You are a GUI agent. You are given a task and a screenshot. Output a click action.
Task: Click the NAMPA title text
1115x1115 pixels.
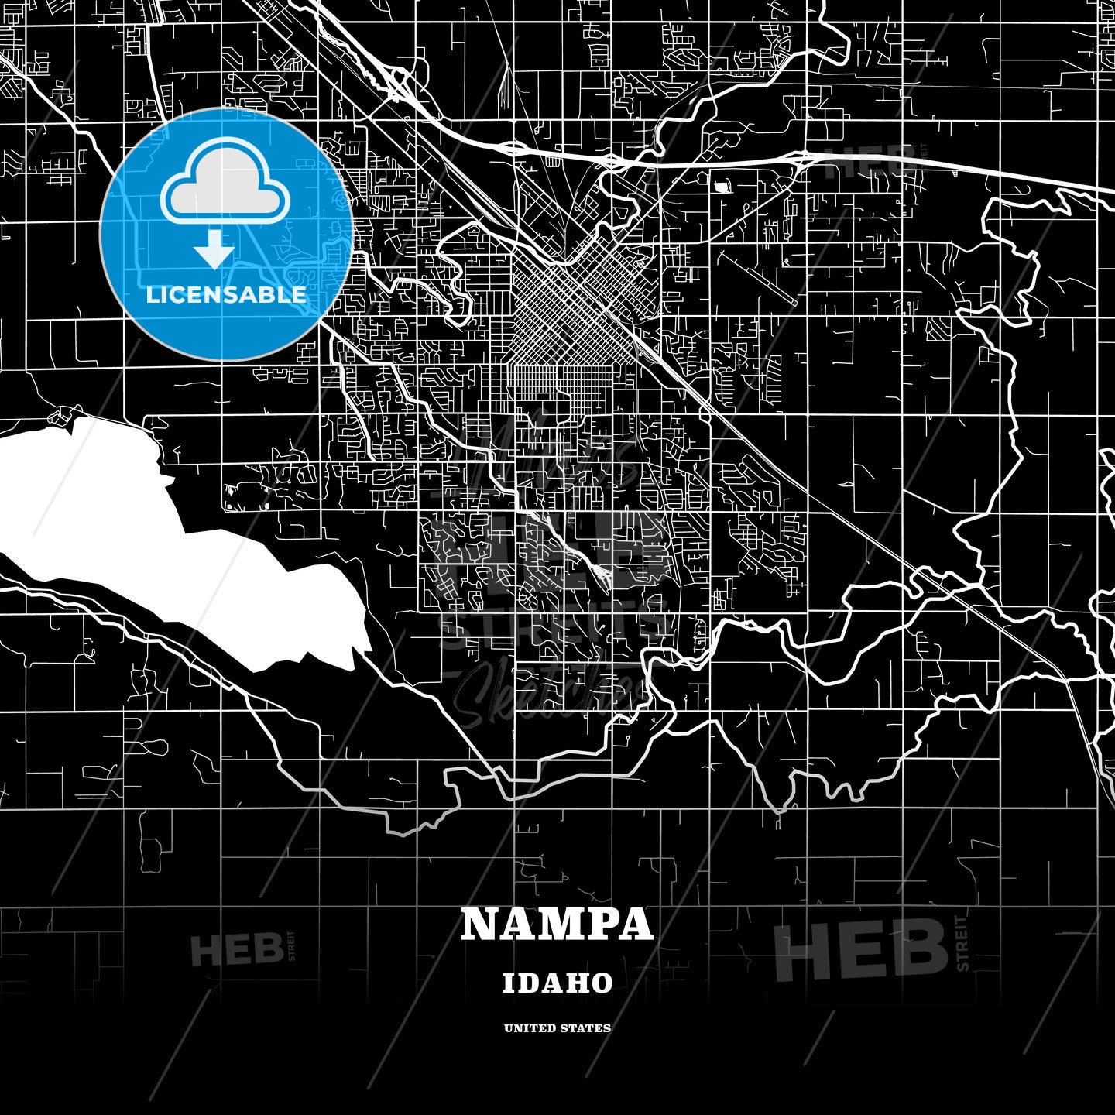557,924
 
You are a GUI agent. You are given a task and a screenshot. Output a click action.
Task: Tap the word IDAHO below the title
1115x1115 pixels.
557,983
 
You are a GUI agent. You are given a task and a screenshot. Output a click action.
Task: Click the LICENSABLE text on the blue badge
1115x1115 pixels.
226,295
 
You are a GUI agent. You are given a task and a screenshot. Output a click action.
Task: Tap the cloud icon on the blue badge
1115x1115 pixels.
225,184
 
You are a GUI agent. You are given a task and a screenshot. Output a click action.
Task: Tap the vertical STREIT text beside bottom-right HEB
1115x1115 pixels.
963,943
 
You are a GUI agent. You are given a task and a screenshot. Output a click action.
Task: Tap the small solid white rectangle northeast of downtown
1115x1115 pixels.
723,186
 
